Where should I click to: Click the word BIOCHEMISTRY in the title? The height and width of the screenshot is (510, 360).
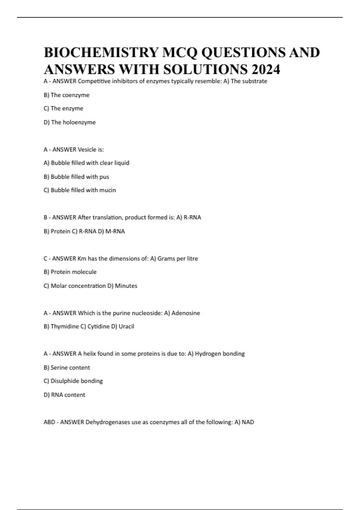point(101,53)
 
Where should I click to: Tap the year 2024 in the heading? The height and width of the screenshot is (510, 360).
point(266,70)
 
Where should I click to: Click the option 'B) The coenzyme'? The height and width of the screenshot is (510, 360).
point(66,95)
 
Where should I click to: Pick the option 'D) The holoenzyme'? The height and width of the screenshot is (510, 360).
point(70,122)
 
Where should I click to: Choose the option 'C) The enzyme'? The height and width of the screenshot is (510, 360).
point(63,109)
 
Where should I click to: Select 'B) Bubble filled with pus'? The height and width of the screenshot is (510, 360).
point(76,177)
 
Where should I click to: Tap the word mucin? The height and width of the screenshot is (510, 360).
point(107,190)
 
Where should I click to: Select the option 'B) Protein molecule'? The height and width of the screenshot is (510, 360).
point(70,272)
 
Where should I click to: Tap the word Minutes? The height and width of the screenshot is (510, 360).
point(126,286)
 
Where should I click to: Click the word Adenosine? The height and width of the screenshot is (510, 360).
point(186,313)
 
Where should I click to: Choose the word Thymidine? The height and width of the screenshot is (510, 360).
point(65,326)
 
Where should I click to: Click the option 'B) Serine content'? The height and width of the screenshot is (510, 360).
point(67,368)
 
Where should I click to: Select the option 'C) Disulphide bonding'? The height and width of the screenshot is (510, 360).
point(73,381)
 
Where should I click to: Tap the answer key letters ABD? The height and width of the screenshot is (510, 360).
point(49,422)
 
